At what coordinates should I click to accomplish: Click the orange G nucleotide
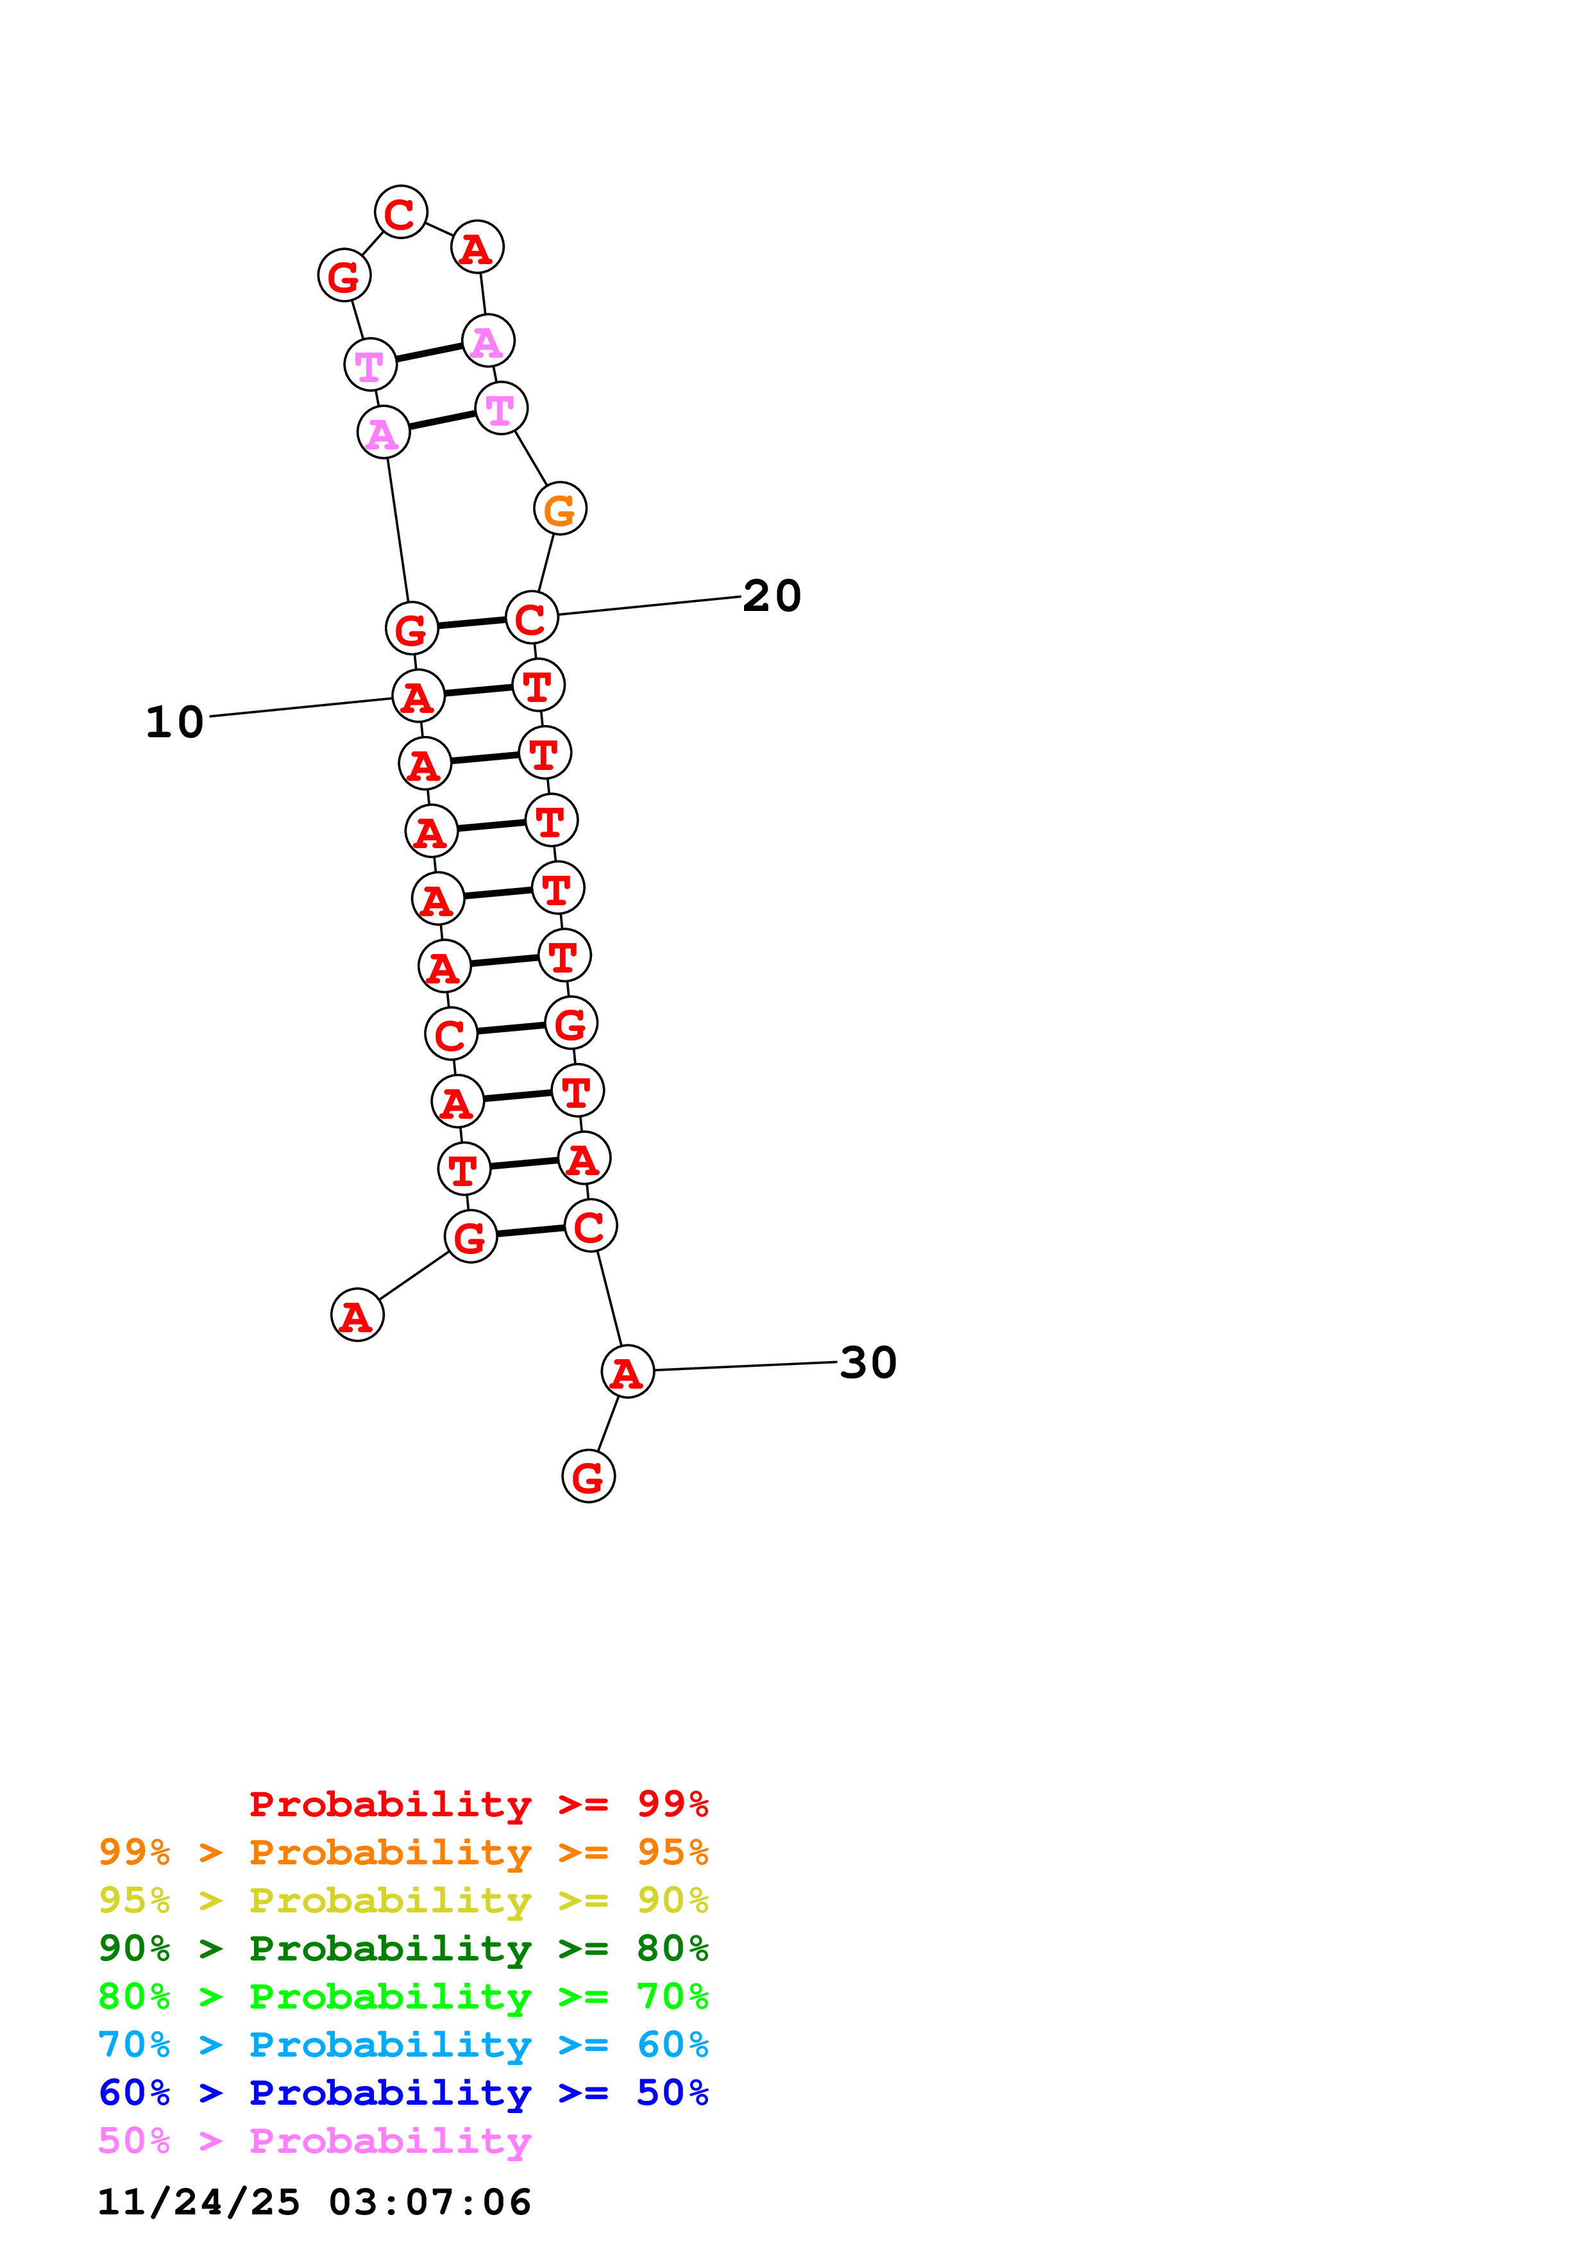pyautogui.click(x=561, y=508)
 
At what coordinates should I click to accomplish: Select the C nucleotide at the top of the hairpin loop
pyautogui.click(x=401, y=212)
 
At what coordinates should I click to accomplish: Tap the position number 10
pyautogui.click(x=174, y=722)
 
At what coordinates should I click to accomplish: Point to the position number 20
pyautogui.click(x=772, y=596)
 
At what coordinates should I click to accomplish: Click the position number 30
pyautogui.click(x=868, y=1362)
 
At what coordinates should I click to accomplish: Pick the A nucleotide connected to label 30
pyautogui.click(x=628, y=1371)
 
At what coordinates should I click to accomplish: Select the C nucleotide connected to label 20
pyautogui.click(x=532, y=618)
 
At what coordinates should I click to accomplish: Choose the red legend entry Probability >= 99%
pyautogui.click(x=479, y=1804)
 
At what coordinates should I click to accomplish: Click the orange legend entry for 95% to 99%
pyautogui.click(x=403, y=1852)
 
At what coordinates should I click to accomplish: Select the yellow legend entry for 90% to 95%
pyautogui.click(x=403, y=1900)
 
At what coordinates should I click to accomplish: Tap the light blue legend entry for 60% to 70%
pyautogui.click(x=403, y=2044)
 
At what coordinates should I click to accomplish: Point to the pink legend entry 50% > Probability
pyautogui.click(x=314, y=2140)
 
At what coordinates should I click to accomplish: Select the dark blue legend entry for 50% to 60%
pyautogui.click(x=403, y=2093)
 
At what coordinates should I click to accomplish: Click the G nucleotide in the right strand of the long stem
pyautogui.click(x=571, y=1023)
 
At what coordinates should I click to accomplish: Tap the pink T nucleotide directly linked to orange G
pyautogui.click(x=502, y=408)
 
